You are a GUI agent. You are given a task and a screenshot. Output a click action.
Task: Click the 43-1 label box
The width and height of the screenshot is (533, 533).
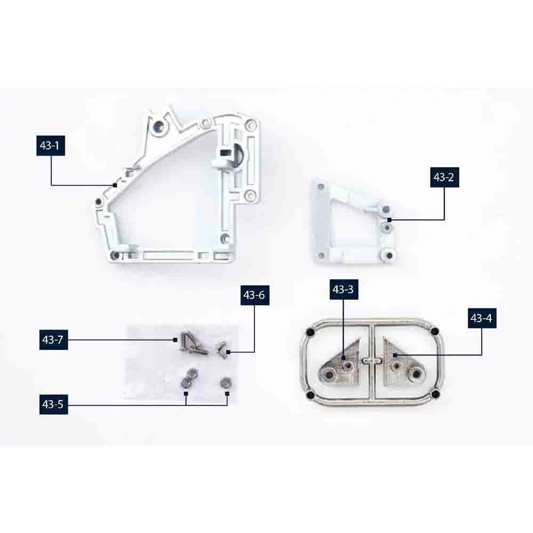coord(51,146)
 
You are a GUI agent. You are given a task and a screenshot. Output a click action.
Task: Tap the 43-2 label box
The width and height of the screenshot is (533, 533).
coord(445,177)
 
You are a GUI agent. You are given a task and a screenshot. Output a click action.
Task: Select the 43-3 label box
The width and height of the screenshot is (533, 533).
coord(344,289)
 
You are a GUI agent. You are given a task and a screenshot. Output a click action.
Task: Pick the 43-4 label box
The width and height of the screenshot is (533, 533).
coord(482,318)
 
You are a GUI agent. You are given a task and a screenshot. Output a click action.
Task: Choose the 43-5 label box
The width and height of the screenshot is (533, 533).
coord(54,404)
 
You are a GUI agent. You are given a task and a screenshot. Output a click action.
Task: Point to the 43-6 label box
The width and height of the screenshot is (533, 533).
coord(255,295)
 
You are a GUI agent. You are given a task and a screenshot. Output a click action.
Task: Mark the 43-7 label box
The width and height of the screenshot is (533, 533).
coord(54,340)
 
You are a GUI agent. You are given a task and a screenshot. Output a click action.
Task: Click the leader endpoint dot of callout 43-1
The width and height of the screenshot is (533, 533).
coord(115,185)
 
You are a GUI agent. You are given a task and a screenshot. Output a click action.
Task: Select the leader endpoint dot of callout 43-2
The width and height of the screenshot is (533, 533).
coord(390,220)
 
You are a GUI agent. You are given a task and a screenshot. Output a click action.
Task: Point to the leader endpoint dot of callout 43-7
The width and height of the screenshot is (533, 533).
coord(175,340)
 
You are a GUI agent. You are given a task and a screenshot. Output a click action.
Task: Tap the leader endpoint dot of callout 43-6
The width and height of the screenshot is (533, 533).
coord(228,352)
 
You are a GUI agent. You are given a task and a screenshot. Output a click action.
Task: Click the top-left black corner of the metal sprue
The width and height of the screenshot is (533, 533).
coord(309,332)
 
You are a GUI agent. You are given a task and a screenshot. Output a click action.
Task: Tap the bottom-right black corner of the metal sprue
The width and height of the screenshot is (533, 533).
coord(435,394)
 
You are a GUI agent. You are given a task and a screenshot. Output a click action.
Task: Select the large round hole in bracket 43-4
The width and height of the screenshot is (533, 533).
coord(416,375)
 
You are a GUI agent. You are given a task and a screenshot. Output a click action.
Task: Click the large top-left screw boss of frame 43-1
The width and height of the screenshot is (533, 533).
coord(159,127)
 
